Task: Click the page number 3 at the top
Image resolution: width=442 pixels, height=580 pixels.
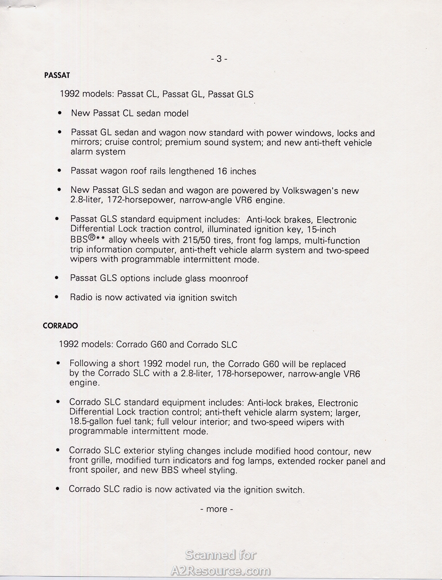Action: [x=219, y=59]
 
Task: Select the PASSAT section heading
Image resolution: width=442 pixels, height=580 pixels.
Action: [x=57, y=76]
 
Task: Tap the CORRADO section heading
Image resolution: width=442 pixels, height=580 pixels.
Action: [x=60, y=326]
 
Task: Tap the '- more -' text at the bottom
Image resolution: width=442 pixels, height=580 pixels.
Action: [x=217, y=509]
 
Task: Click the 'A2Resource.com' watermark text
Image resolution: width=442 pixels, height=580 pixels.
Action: [x=221, y=571]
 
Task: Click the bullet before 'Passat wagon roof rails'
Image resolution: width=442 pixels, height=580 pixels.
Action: [x=59, y=171]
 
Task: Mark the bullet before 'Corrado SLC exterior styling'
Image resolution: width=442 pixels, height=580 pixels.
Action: [x=58, y=450]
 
